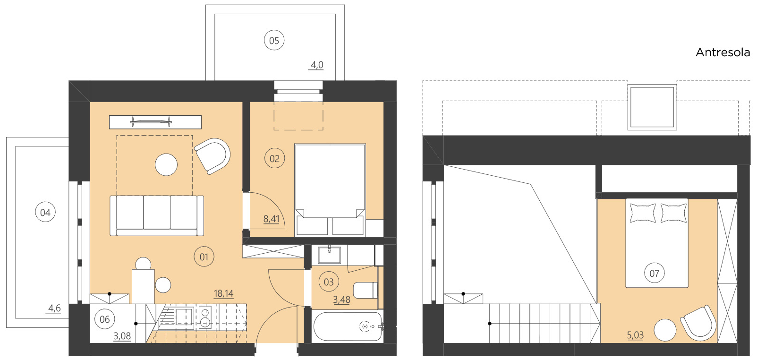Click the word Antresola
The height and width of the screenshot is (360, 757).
click(x=723, y=52)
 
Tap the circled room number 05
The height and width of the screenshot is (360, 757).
click(x=274, y=41)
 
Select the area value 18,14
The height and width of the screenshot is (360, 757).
click(x=223, y=293)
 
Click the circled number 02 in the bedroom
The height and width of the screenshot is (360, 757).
click(x=274, y=159)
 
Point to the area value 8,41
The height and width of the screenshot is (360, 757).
click(x=271, y=219)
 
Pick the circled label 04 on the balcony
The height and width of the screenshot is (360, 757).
click(x=45, y=213)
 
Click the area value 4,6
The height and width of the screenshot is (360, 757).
click(x=54, y=308)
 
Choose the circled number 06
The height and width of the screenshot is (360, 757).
click(x=104, y=319)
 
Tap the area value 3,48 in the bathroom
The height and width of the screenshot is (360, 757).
click(x=341, y=300)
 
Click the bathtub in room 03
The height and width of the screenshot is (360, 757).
click(x=347, y=326)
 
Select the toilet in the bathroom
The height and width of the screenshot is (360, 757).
click(x=365, y=290)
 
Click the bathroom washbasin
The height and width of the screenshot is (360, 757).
click(x=329, y=255)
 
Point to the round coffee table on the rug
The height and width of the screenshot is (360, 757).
click(x=166, y=165)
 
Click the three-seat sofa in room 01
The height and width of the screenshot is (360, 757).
click(x=157, y=215)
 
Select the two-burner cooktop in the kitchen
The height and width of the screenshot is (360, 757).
click(x=205, y=317)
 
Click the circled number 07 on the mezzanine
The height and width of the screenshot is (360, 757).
click(x=654, y=273)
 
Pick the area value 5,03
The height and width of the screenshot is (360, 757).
click(x=635, y=335)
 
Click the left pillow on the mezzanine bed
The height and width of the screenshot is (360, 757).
click(x=643, y=213)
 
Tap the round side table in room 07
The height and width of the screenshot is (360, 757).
click(x=664, y=330)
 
